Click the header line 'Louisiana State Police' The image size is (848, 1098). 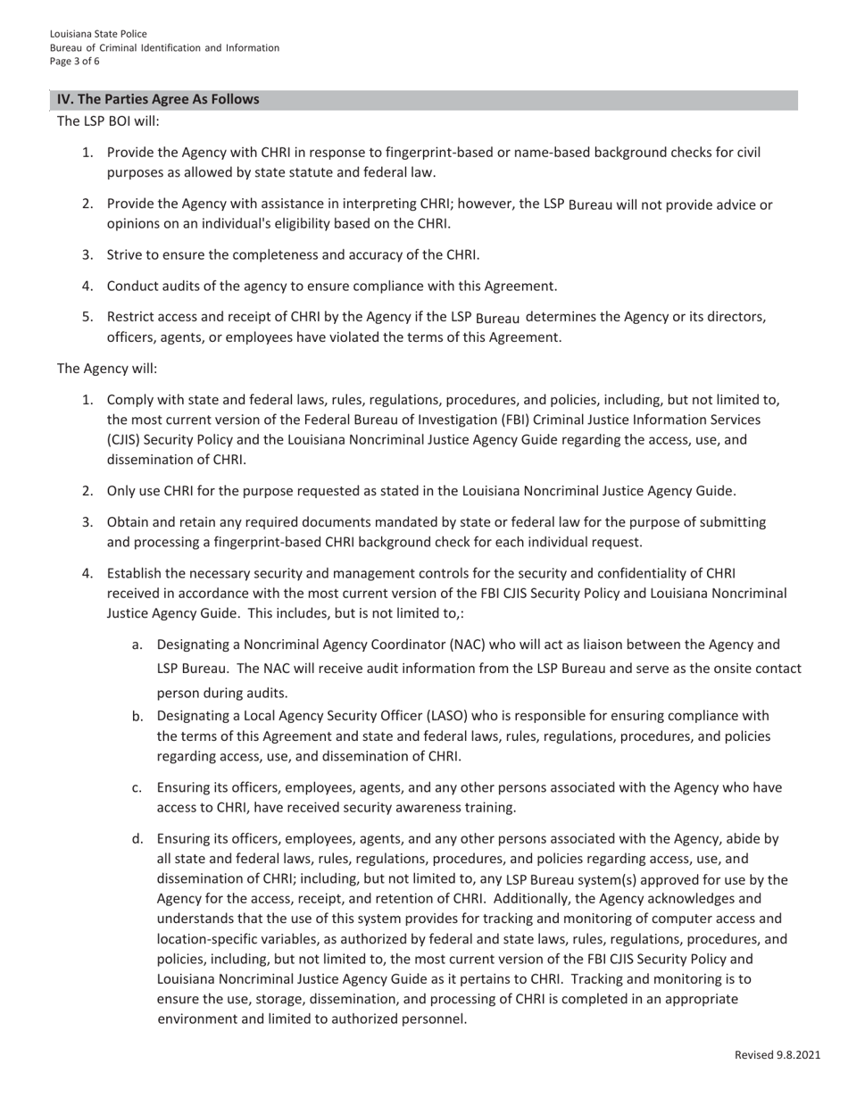[x=98, y=34]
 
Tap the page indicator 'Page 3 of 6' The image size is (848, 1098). [x=75, y=62]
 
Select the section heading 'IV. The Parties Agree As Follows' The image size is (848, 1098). [x=158, y=99]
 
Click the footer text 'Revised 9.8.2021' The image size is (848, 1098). [x=777, y=1055]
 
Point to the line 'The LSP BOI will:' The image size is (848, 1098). [x=108, y=121]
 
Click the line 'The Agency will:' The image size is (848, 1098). [x=107, y=368]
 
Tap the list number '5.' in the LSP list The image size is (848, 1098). [x=88, y=316]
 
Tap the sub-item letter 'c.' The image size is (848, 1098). [x=137, y=787]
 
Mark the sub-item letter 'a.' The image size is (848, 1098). [x=137, y=645]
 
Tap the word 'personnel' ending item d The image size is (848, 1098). [x=433, y=1019]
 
